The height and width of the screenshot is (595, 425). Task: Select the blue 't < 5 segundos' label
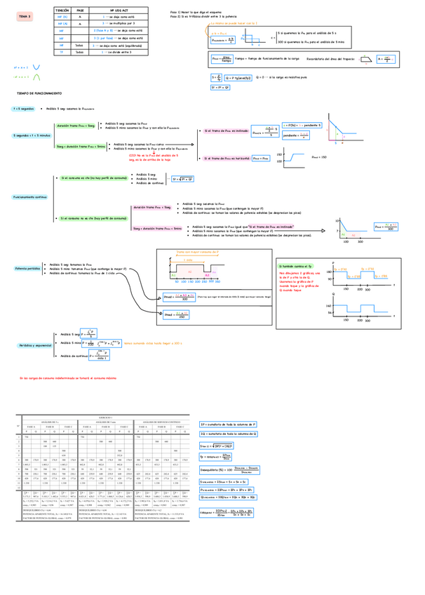[x=23, y=109]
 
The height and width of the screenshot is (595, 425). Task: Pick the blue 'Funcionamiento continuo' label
[x=29, y=199]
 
